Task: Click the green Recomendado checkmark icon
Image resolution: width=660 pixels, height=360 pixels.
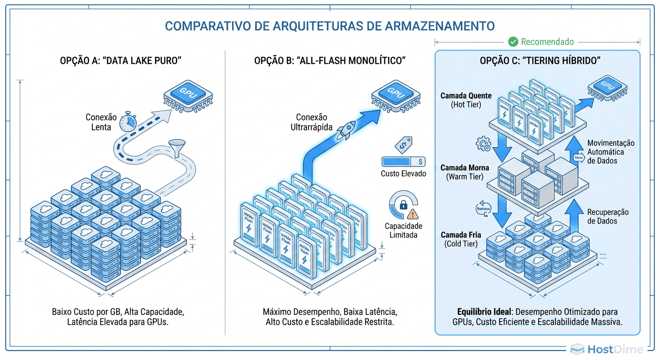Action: click(513, 42)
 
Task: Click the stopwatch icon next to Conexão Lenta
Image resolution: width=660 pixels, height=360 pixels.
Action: click(127, 122)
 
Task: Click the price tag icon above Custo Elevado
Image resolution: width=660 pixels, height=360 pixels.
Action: click(403, 144)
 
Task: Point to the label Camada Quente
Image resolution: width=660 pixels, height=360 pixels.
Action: click(465, 96)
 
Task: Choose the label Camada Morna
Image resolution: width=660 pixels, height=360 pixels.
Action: click(465, 168)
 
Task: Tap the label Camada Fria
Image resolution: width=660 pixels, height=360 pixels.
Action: click(460, 235)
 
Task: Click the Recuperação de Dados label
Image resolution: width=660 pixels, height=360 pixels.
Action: click(608, 217)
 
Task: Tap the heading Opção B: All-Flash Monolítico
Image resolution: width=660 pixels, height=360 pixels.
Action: click(330, 61)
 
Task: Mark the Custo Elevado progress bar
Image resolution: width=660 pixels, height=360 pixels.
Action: click(403, 162)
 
